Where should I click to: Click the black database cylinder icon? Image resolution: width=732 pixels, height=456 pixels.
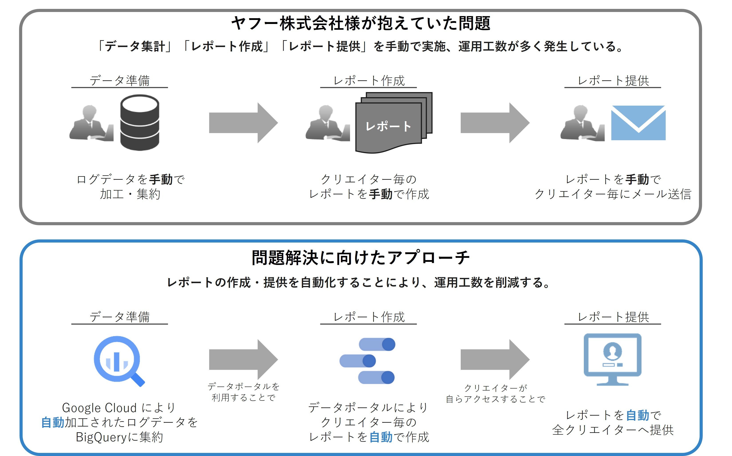point(140,122)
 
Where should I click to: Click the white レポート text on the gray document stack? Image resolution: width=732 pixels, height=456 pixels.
point(388,126)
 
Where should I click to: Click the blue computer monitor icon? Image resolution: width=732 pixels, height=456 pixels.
point(612,359)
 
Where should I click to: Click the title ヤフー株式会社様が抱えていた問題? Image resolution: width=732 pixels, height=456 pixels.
point(361,23)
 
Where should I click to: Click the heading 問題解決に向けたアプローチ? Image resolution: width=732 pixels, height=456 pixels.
point(361,258)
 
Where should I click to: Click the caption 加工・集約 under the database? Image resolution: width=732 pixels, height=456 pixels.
point(130,194)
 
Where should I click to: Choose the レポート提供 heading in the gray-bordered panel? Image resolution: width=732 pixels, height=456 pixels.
point(613,81)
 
